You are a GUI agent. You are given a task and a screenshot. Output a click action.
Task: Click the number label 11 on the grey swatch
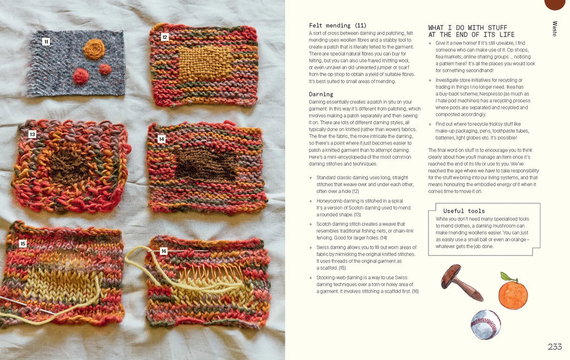click(x=46, y=42)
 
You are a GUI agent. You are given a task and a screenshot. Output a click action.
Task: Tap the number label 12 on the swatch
click(x=165, y=37)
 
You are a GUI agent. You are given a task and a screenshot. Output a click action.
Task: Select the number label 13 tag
click(x=32, y=135)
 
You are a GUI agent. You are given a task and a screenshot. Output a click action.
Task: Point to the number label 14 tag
click(x=161, y=139)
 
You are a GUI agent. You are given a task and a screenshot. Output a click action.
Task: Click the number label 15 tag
click(x=23, y=243)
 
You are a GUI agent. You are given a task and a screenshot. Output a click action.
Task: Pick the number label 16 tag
click(x=164, y=251)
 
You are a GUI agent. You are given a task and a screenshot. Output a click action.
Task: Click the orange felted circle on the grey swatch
click(x=94, y=49)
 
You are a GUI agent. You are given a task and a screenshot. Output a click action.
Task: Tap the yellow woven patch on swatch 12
click(x=205, y=64)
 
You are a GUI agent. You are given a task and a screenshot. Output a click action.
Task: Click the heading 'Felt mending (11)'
click(x=338, y=26)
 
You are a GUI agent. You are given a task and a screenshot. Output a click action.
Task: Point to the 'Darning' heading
click(x=321, y=94)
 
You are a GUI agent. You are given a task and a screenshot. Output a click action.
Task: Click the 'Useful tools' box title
click(x=464, y=211)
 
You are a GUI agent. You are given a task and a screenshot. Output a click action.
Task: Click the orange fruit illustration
click(x=513, y=292)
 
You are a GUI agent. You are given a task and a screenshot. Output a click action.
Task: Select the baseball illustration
click(x=485, y=324)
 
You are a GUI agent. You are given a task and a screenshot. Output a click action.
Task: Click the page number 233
click(x=555, y=347)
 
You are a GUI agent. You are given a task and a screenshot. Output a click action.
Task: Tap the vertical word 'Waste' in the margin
click(x=554, y=29)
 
